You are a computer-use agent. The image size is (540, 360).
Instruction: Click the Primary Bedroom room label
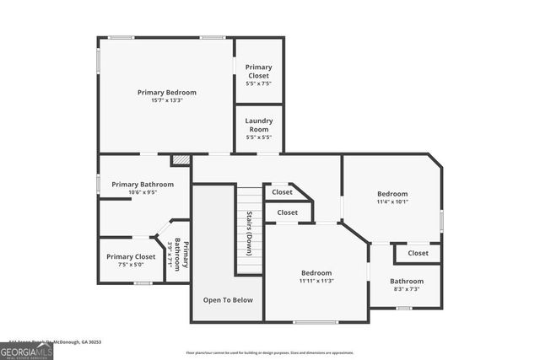[166, 92]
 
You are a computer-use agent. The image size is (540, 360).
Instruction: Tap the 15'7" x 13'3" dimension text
[166, 100]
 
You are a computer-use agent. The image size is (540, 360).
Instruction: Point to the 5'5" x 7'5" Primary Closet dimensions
[258, 83]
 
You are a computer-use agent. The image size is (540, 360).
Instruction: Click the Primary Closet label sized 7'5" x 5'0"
[131, 256]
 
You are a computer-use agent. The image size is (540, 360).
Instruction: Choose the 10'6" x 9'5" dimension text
[143, 192]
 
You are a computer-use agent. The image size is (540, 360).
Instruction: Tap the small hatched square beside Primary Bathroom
[180, 159]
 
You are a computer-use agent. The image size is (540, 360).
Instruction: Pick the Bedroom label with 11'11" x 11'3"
[317, 272]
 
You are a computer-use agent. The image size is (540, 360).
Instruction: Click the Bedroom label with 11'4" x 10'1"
[392, 193]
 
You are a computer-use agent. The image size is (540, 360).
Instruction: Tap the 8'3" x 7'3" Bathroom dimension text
[407, 289]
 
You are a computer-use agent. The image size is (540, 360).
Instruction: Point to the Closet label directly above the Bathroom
[418, 253]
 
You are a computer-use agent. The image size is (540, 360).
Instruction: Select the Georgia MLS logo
[27, 351]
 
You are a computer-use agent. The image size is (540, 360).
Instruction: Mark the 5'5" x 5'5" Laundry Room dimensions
[258, 137]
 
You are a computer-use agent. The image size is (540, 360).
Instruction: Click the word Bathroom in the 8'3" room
[407, 281]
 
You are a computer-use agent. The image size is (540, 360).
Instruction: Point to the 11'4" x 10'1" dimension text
[392, 201]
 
